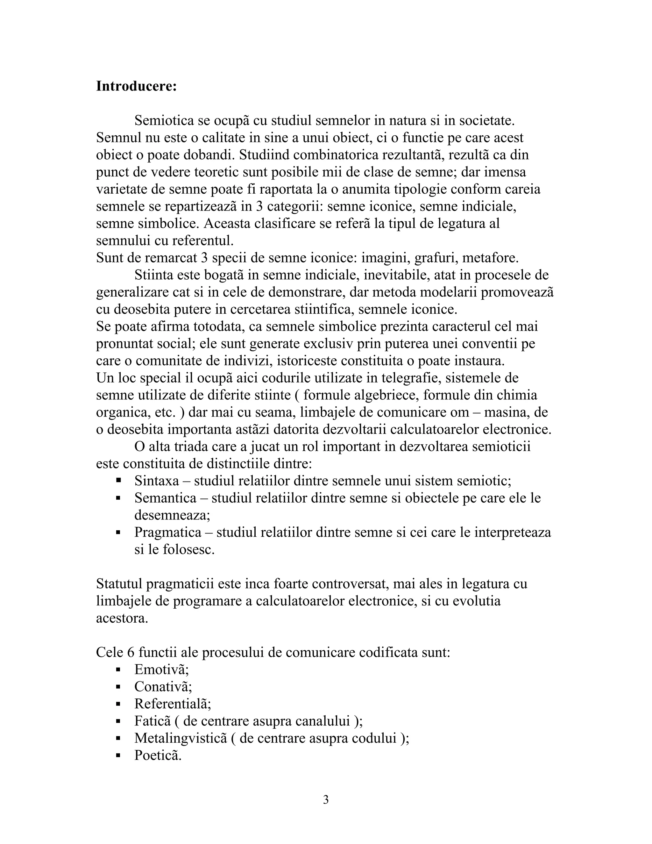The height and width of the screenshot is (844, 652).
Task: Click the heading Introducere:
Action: coord(136,86)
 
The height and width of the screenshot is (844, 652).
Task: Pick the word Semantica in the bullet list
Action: coord(165,498)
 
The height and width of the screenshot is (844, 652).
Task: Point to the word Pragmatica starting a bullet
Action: coord(168,532)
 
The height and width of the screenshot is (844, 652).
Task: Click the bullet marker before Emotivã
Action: coord(118,669)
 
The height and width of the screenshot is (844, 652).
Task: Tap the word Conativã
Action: coord(163,686)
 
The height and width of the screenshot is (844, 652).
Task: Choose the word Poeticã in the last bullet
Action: coord(158,755)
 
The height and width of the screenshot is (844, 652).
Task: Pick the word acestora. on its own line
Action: coord(122,618)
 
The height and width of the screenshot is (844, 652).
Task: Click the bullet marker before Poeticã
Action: coord(118,755)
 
